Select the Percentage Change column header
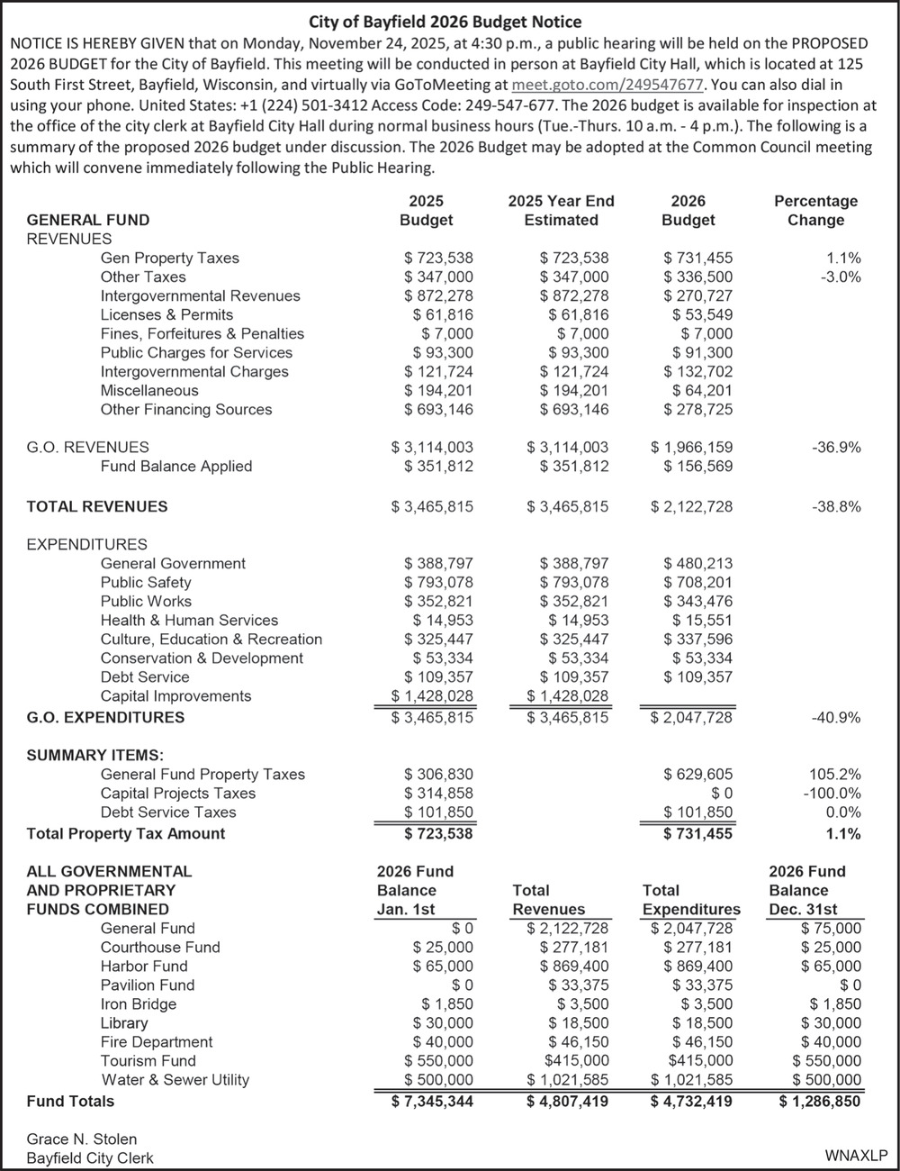(x=815, y=211)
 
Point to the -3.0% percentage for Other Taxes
(x=840, y=277)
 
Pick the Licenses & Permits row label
(x=166, y=314)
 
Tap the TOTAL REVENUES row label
(x=97, y=506)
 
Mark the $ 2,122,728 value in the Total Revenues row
(x=691, y=506)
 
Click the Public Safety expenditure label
(x=146, y=582)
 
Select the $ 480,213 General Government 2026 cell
(x=697, y=563)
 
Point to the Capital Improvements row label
(x=175, y=695)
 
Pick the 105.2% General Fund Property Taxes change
(x=836, y=774)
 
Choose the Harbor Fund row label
(x=144, y=966)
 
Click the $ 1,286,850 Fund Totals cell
(x=819, y=1101)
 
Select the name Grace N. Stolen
(x=82, y=1139)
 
